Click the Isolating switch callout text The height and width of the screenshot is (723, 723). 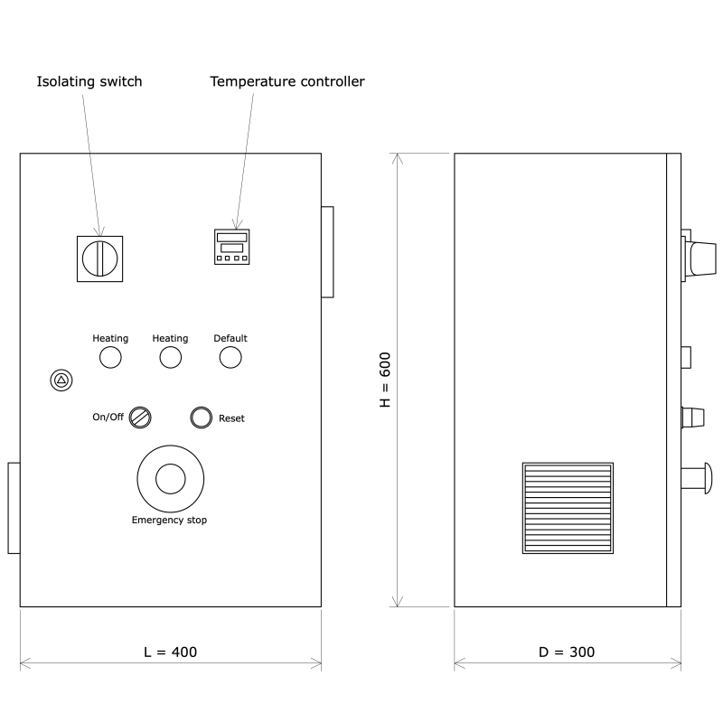(89, 82)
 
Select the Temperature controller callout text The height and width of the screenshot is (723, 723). (287, 82)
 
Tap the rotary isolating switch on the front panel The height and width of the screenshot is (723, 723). (99, 258)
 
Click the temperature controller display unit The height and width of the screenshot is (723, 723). (231, 247)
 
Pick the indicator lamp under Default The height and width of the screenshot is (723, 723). (230, 358)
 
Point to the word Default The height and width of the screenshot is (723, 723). (230, 338)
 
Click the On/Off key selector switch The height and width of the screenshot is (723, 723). (140, 417)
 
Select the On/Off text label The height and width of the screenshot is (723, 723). (108, 418)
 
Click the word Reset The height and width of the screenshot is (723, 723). (231, 418)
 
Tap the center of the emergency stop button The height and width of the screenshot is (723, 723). (170, 478)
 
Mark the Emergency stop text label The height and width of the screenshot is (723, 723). (170, 520)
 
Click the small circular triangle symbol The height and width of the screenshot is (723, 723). (61, 380)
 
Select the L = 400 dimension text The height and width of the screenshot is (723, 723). (170, 652)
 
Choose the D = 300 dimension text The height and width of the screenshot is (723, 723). (568, 652)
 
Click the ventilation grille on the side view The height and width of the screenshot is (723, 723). (568, 507)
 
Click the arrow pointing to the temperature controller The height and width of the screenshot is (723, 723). (236, 224)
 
